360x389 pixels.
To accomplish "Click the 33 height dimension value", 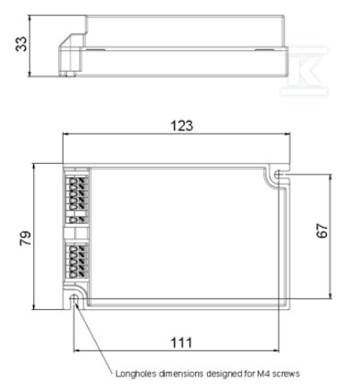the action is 21,44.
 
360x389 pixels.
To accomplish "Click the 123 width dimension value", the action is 182,125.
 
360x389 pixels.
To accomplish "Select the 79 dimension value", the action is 25,238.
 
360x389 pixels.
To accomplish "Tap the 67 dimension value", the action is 321,230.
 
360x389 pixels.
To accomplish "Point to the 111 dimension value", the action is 181,342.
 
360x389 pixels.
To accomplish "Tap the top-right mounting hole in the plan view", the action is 278,174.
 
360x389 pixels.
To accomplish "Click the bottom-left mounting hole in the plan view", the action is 73,298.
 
